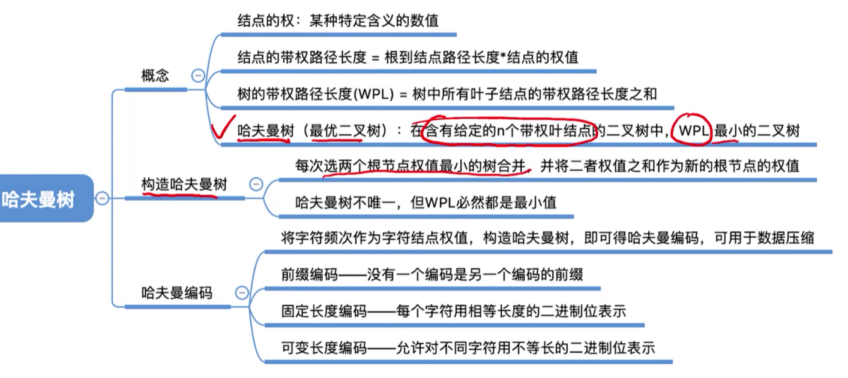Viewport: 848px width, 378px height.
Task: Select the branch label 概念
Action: coord(155,75)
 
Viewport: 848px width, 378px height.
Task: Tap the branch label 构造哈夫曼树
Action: coord(184,184)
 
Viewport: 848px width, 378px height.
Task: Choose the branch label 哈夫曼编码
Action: coord(176,292)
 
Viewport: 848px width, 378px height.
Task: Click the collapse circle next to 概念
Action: coord(197,75)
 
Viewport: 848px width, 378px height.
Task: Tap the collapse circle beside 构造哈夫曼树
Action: coord(256,184)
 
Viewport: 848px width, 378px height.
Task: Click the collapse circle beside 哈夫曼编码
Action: coord(241,292)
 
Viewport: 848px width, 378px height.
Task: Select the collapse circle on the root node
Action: coord(102,198)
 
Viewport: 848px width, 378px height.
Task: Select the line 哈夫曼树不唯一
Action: coord(426,202)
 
